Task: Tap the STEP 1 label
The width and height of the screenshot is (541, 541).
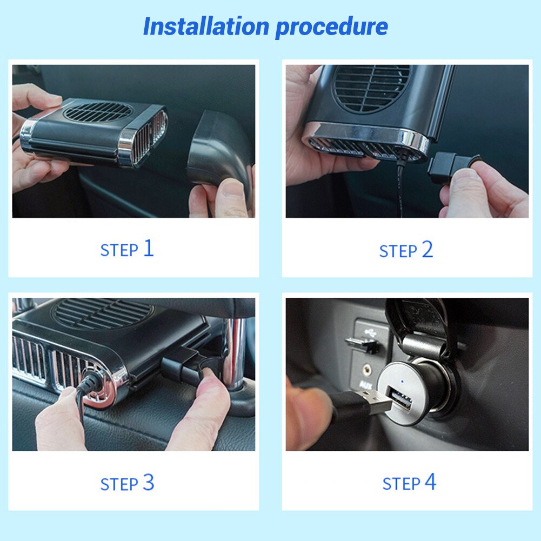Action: [127, 249]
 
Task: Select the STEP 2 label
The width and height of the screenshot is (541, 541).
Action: [406, 250]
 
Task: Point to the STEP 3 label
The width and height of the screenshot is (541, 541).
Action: [127, 483]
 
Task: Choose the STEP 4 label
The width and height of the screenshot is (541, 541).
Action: [409, 483]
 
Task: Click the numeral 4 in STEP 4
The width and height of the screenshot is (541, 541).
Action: [430, 482]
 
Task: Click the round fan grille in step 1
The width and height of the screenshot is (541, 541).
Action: [98, 112]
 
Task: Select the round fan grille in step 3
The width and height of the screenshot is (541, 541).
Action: [103, 313]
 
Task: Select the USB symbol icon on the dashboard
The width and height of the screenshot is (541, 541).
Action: [367, 330]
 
